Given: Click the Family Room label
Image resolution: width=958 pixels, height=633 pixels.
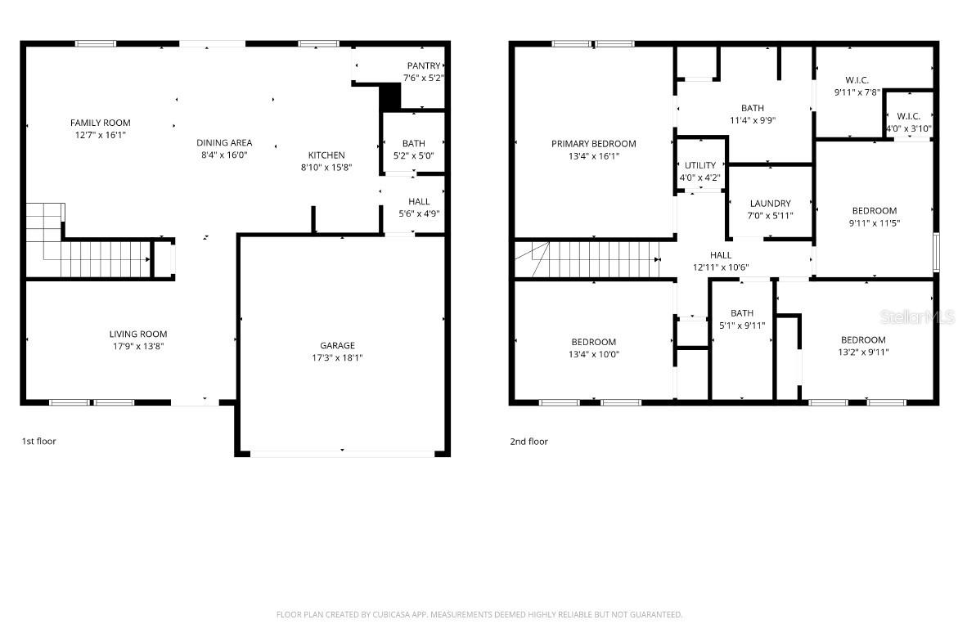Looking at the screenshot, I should (100, 123).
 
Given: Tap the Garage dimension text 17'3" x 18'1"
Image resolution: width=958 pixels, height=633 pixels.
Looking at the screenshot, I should (337, 357).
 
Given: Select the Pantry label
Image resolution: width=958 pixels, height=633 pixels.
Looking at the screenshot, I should (424, 65).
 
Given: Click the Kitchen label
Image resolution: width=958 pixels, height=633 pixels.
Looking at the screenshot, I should (326, 155).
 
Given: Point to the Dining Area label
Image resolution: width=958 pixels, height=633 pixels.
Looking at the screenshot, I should (223, 142).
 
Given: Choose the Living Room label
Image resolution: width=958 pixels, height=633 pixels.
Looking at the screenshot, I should (138, 334).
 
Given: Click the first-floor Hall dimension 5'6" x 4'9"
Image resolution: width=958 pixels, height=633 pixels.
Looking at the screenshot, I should (418, 214).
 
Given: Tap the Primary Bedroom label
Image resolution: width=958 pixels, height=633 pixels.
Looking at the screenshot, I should (593, 144).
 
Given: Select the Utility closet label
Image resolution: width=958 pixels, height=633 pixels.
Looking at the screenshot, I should (700, 165).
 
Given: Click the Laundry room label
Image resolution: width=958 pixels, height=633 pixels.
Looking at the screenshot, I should (770, 204).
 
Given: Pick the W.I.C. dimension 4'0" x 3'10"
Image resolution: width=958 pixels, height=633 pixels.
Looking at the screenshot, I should (908, 128).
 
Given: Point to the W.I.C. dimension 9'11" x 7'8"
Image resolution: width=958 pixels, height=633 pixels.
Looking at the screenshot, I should (857, 92).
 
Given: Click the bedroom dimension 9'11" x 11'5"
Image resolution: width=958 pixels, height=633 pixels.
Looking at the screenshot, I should (874, 223).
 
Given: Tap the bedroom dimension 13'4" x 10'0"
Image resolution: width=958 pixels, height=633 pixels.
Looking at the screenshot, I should (593, 354).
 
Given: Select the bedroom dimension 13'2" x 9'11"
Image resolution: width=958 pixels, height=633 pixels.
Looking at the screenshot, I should (863, 352).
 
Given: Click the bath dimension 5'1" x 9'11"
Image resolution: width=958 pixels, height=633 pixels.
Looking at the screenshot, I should (742, 325).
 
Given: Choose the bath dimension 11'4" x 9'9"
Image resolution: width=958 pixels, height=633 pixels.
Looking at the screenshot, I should (752, 120).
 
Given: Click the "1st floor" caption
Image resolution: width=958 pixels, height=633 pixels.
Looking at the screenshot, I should (38, 442).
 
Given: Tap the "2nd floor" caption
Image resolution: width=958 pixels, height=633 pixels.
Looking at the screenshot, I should (528, 442).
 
